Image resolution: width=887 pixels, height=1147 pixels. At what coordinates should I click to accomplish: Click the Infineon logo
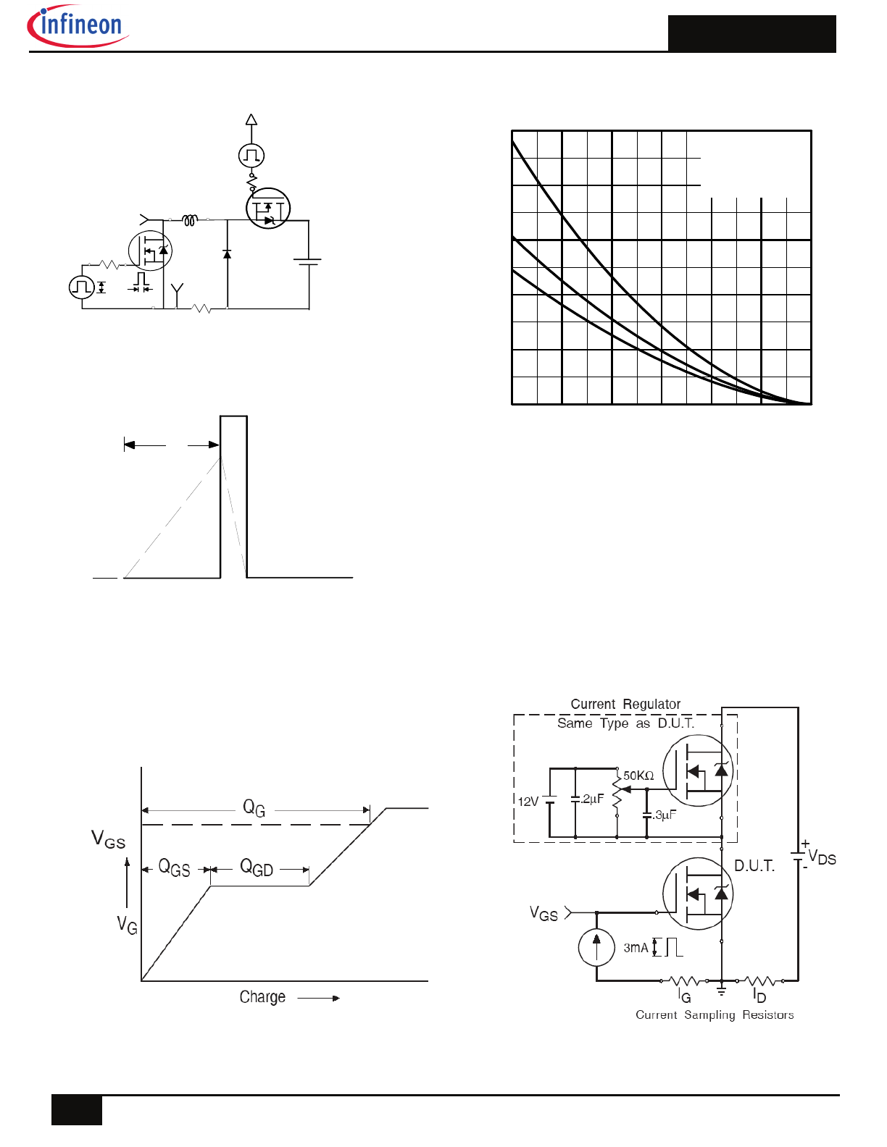tap(78, 25)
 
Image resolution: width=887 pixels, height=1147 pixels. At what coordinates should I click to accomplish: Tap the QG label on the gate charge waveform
tap(254, 808)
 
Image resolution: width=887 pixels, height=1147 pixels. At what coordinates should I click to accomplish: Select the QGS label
tap(175, 867)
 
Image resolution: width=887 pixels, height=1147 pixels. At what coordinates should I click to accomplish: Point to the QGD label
tap(257, 867)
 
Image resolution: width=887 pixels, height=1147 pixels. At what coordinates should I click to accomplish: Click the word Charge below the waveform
tap(262, 997)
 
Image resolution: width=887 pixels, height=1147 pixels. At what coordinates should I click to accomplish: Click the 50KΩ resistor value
tap(638, 776)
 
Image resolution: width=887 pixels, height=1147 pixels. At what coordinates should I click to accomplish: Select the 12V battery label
tap(528, 802)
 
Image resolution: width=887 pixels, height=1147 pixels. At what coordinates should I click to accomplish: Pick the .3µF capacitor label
tap(665, 815)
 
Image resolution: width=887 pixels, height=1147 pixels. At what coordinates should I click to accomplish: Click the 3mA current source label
tap(636, 948)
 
